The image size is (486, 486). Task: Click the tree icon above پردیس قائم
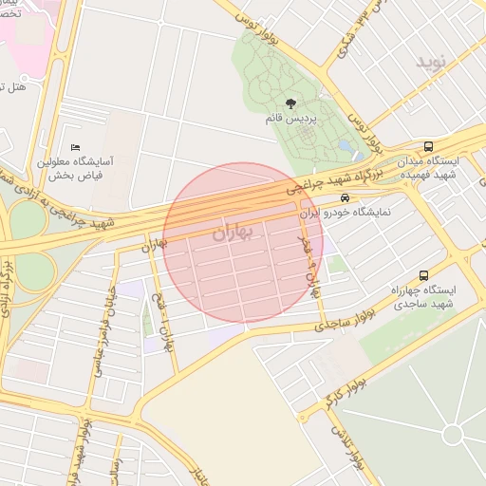click(x=289, y=103)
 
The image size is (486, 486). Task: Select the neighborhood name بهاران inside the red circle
click(x=234, y=232)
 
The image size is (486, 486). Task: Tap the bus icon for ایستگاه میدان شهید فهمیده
click(x=429, y=147)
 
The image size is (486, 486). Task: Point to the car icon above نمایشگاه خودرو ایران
click(x=344, y=197)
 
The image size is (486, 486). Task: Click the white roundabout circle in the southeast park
click(x=452, y=435)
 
